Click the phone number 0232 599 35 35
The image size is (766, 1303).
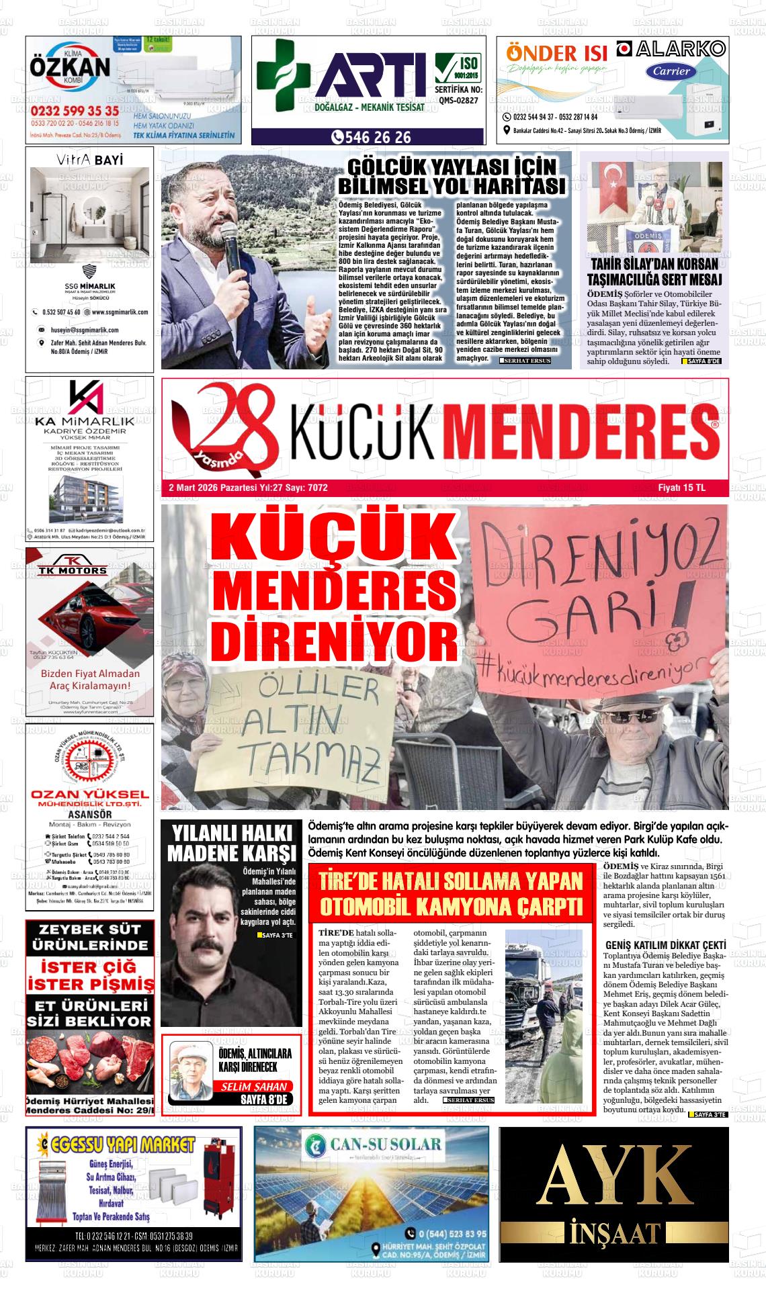[x=75, y=111]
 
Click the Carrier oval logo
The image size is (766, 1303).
[x=671, y=71]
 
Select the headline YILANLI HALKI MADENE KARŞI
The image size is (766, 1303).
[x=231, y=843]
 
